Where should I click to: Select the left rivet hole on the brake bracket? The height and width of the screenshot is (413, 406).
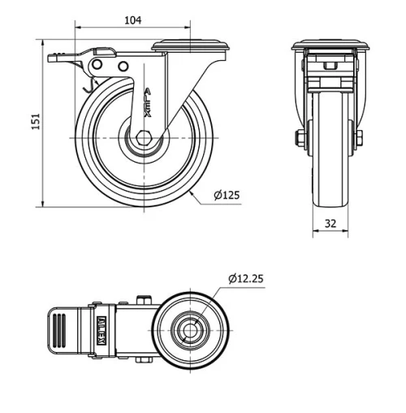98,65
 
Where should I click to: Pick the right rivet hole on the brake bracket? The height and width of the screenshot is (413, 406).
123,66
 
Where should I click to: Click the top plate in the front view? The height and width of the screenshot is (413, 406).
330,46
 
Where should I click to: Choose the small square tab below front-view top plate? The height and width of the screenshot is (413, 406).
330,66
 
